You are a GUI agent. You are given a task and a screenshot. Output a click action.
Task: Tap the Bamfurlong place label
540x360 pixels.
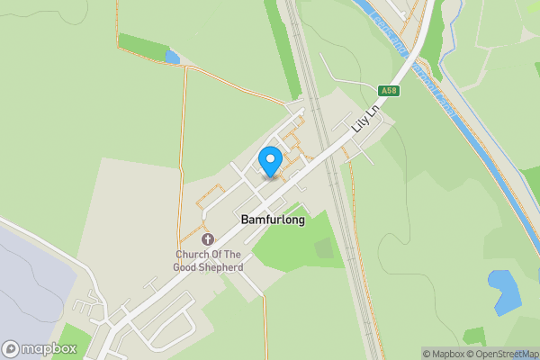tap(272, 220)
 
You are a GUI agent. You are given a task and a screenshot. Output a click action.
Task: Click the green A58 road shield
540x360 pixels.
tap(389, 90)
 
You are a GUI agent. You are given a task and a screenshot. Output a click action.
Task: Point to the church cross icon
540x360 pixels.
tap(209, 239)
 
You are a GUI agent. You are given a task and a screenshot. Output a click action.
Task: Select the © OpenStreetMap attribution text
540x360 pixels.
tap(501, 354)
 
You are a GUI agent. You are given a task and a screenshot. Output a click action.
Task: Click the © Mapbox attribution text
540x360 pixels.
tap(443, 354)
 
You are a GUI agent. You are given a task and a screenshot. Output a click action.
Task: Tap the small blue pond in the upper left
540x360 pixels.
tap(171, 58)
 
